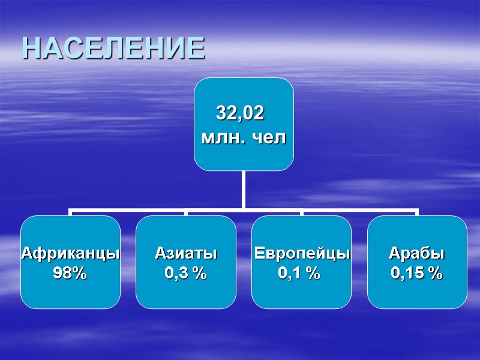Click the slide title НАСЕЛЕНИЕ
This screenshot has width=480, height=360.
point(113,48)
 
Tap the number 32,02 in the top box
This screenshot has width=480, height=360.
point(239,113)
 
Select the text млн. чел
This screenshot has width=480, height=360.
point(244,137)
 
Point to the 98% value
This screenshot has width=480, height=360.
point(70,274)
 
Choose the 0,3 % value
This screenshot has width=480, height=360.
point(185,274)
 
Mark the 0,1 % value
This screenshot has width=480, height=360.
point(299,274)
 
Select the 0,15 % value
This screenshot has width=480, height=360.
point(416,274)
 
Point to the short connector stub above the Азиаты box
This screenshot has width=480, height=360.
point(186,213)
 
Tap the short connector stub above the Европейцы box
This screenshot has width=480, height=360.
point(301,213)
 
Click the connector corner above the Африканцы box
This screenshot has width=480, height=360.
point(71,211)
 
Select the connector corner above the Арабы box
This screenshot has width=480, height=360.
point(416,211)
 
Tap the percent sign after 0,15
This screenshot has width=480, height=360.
point(436,274)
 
